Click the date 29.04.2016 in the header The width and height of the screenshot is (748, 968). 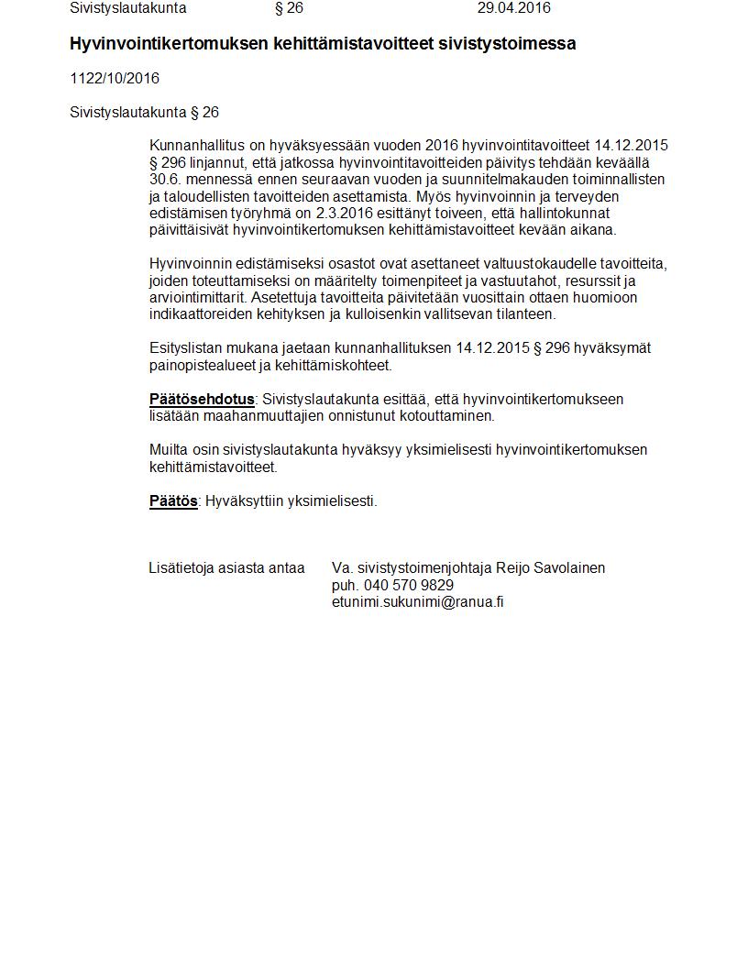pyautogui.click(x=513, y=8)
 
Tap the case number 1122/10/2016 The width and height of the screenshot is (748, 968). pyautogui.click(x=115, y=79)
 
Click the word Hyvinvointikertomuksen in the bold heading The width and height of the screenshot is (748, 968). pyautogui.click(x=170, y=44)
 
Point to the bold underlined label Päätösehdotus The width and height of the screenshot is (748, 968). pyautogui.click(x=202, y=400)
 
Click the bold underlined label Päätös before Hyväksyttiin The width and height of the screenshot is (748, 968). pyautogui.click(x=173, y=501)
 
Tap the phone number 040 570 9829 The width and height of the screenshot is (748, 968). pyautogui.click(x=408, y=585)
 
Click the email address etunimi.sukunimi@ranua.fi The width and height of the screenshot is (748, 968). pyautogui.click(x=417, y=602)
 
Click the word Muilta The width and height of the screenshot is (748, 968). pyautogui.click(x=169, y=450)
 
